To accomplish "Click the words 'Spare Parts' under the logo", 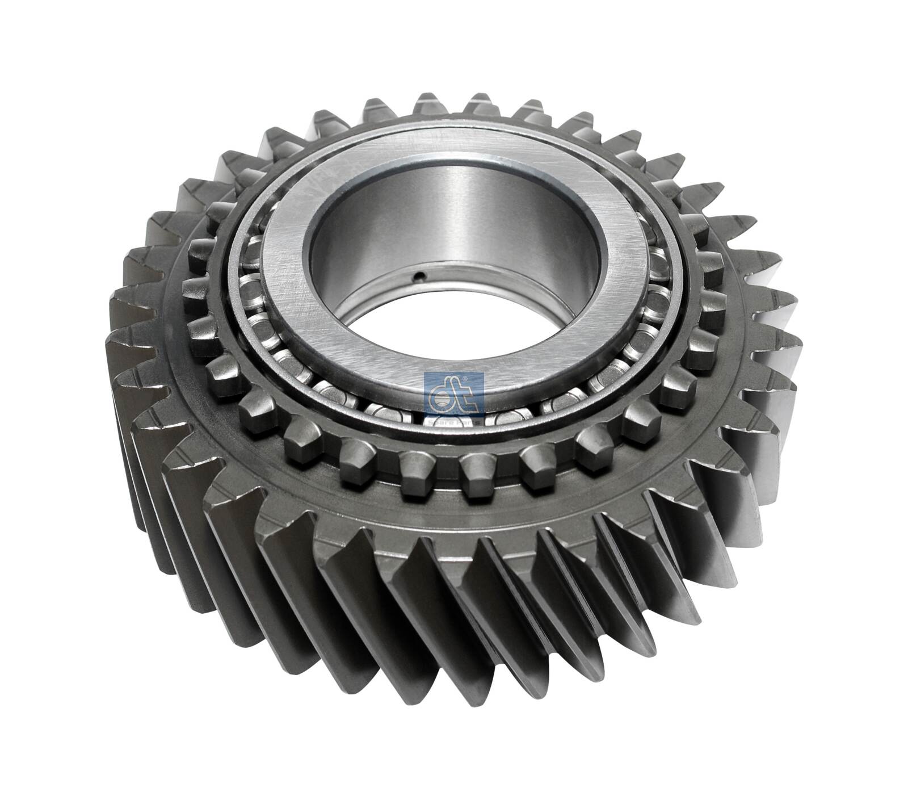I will (x=453, y=422).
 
